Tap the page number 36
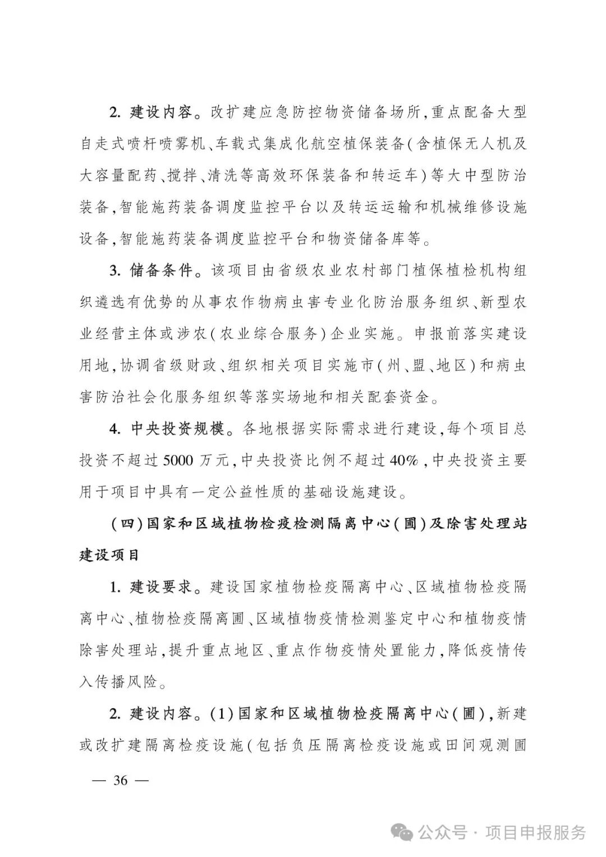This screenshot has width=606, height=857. pos(121,780)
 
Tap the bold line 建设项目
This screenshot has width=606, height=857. pos(109,556)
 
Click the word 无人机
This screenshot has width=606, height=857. pos(484,144)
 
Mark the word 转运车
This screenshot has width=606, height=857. pos(396,176)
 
